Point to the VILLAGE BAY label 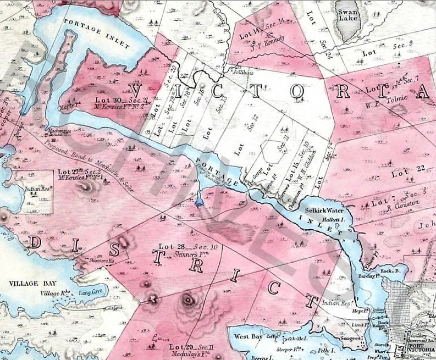pyautogui.click(x=26, y=284)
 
